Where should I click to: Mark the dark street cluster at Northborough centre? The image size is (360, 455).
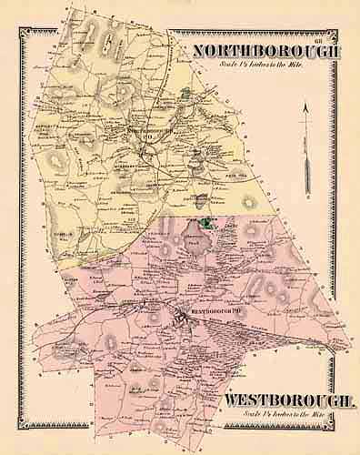[x=155, y=150]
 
